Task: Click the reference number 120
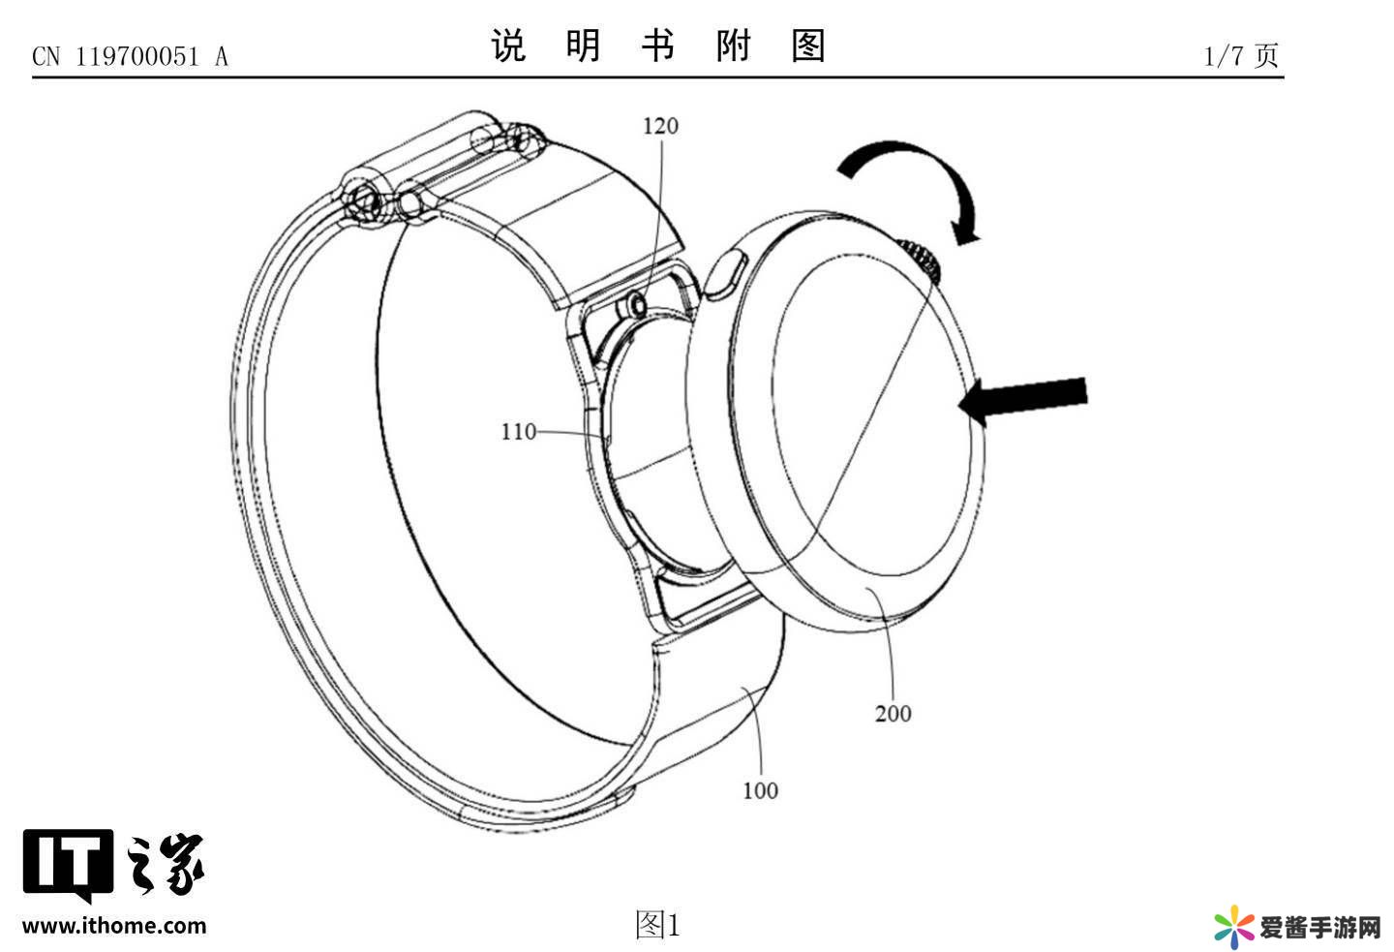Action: click(x=661, y=126)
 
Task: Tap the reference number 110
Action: click(x=518, y=432)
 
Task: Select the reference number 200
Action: click(x=893, y=714)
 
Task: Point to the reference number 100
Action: click(x=760, y=790)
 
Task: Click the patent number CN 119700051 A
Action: click(x=131, y=57)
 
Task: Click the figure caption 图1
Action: click(x=657, y=925)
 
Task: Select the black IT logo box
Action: click(x=68, y=861)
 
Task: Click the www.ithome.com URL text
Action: click(x=114, y=926)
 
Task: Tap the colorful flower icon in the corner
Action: click(x=1234, y=927)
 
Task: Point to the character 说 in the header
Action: click(x=508, y=46)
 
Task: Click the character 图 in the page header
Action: click(x=807, y=46)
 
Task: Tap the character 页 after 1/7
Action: click(x=1267, y=55)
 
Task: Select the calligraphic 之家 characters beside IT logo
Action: click(x=165, y=862)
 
